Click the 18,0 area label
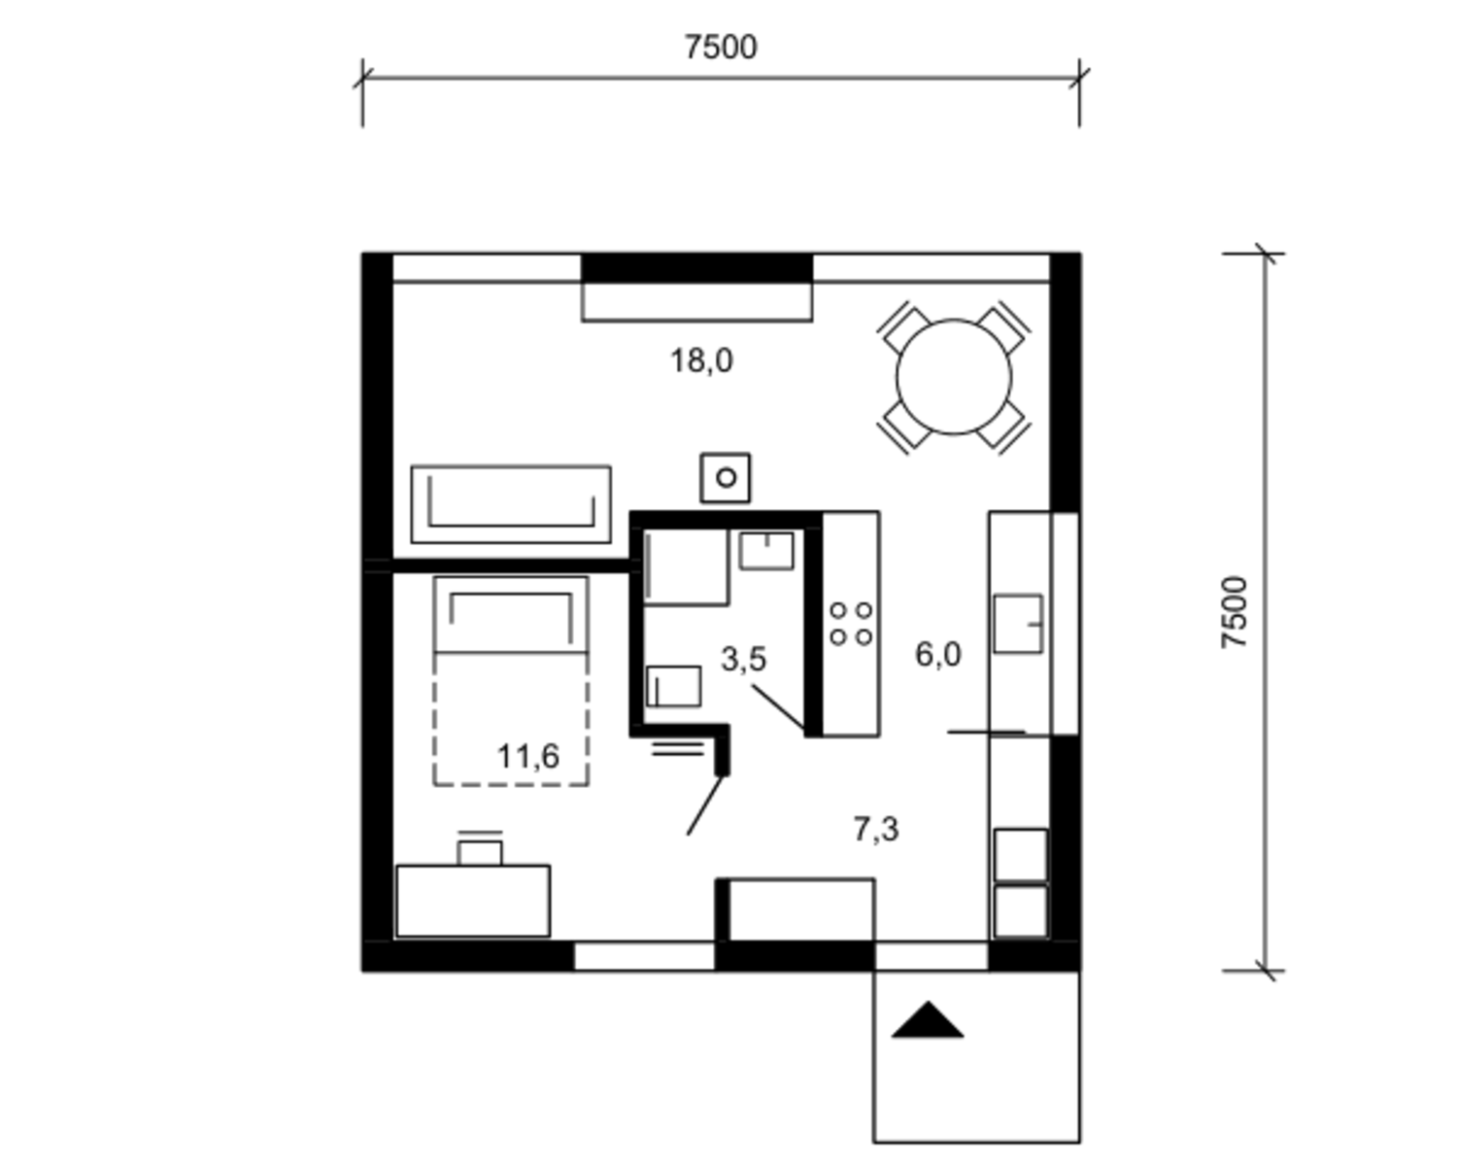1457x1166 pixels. coord(701,360)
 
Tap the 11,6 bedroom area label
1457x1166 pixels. coord(528,757)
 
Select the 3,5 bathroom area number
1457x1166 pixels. coord(743,659)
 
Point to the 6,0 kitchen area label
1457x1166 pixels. coord(937,655)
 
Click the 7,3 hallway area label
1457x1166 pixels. coord(876,829)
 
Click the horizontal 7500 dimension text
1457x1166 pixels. coord(721,48)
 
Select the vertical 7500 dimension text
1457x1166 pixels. coord(1235,612)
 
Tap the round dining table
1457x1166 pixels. coord(954,377)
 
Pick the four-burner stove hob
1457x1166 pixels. coord(851,624)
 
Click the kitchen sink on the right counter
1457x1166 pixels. coord(1018,624)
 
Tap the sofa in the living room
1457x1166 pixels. coord(511,504)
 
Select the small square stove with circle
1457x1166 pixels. coord(726,478)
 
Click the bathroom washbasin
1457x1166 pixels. coord(766,550)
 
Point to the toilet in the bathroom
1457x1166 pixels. coord(674,686)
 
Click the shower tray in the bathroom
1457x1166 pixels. coord(686,566)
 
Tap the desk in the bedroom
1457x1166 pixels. coord(473,901)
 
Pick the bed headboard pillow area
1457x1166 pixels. coord(511,615)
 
